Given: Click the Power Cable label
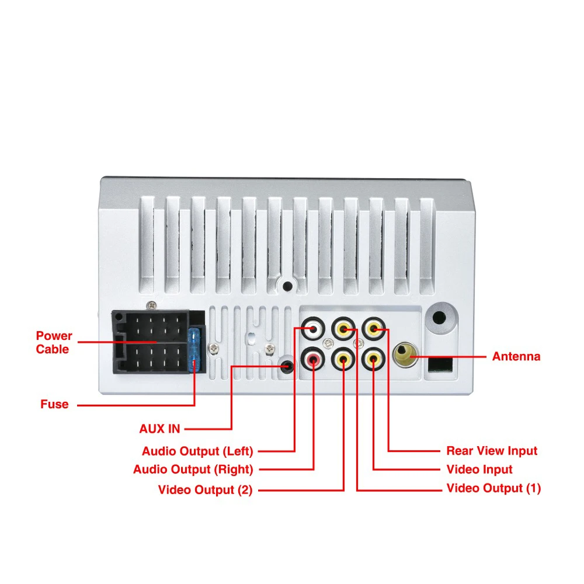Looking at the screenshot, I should click(x=54, y=343).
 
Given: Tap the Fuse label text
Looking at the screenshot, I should click(x=54, y=404).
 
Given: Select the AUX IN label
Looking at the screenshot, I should click(x=159, y=429).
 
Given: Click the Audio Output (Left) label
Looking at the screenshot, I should click(x=197, y=451).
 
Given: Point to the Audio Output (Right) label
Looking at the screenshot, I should click(x=193, y=470).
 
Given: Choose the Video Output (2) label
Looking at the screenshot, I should click(x=205, y=490).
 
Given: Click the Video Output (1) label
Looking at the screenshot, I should click(x=493, y=488).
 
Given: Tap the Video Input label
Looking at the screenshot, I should click(x=479, y=470).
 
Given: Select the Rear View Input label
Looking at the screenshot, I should click(x=492, y=451).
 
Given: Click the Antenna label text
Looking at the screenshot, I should click(x=516, y=356).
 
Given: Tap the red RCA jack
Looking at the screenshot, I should click(x=314, y=360).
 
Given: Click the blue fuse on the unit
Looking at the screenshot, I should click(x=197, y=350).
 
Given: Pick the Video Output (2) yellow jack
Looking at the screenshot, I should click(x=343, y=360).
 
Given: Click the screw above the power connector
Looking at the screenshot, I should click(x=152, y=304).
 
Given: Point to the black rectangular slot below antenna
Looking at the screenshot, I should click(x=440, y=365).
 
